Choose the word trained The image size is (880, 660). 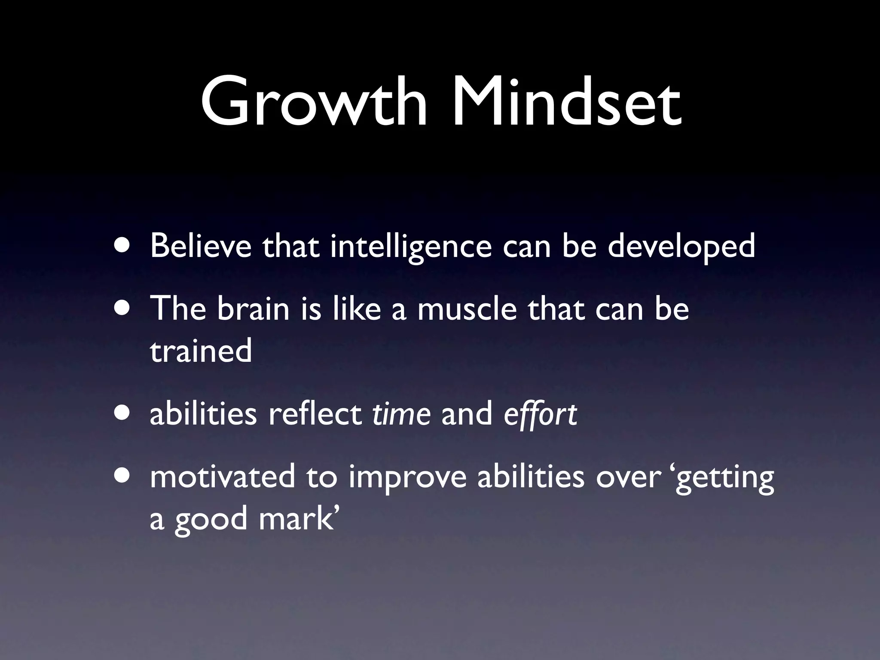click(201, 351)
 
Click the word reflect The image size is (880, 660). click(315, 414)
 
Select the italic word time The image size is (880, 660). click(401, 414)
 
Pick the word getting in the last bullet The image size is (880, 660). click(725, 479)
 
